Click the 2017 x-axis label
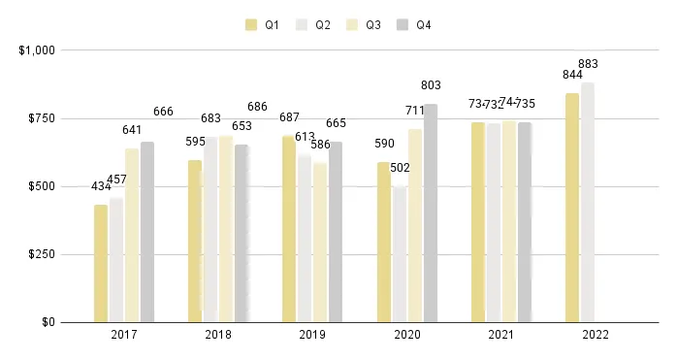(123, 336)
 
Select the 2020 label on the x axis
(406, 336)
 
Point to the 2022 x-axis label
(595, 336)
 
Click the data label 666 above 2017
(163, 112)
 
